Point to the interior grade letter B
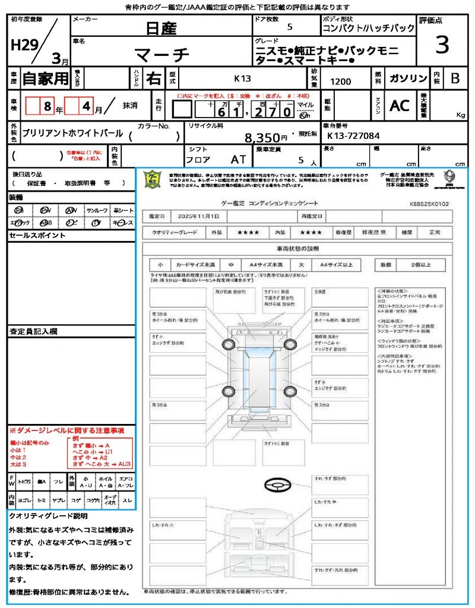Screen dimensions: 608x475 pos(455,78)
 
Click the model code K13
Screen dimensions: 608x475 pos(242,78)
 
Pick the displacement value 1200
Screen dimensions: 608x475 pos(341,82)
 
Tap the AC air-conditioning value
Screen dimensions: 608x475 pos(400,106)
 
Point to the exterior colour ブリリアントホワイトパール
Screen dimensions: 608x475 pos(72,133)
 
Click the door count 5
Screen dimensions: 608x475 pos(289,27)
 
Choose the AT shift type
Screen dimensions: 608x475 pos(237,160)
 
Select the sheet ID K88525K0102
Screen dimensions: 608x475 pos(429,204)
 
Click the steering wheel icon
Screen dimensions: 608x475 pos(277,485)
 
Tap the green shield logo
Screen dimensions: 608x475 pos(153,179)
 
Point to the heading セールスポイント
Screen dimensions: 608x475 pos(29,236)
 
